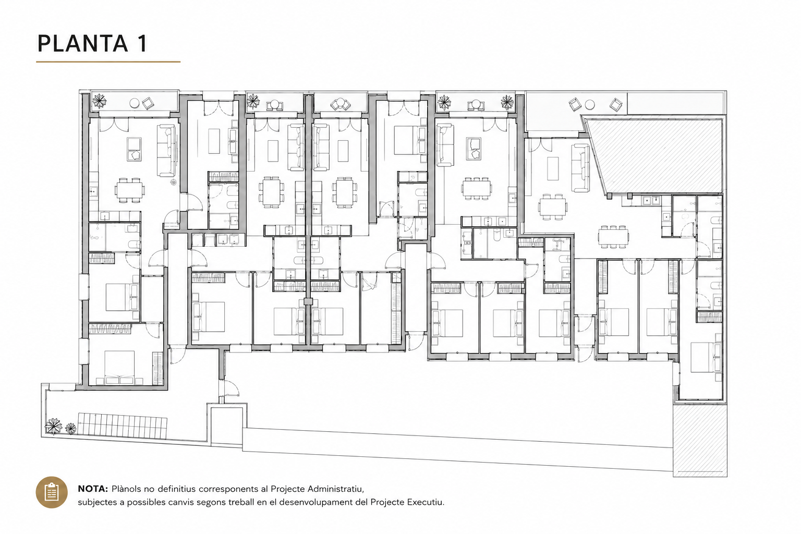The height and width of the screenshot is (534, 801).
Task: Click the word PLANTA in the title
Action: tap(82, 44)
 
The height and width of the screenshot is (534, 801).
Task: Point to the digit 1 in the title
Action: tap(142, 44)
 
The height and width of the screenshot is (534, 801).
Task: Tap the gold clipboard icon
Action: tap(52, 492)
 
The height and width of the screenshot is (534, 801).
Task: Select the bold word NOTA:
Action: tap(93, 489)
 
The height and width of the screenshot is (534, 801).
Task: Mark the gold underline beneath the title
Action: tap(108, 62)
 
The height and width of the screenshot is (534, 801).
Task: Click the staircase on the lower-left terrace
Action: tap(123, 426)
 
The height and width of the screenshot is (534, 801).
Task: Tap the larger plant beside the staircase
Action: tap(53, 427)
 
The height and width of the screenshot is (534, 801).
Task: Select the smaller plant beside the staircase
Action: tap(70, 429)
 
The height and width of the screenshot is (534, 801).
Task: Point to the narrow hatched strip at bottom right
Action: tap(700, 440)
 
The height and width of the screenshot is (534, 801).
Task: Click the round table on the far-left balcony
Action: tap(135, 103)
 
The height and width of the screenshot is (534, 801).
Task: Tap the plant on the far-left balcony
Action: tap(99, 102)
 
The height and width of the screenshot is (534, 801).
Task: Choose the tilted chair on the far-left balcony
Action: tap(148, 103)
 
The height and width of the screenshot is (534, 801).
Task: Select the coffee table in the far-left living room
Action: tap(134, 149)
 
